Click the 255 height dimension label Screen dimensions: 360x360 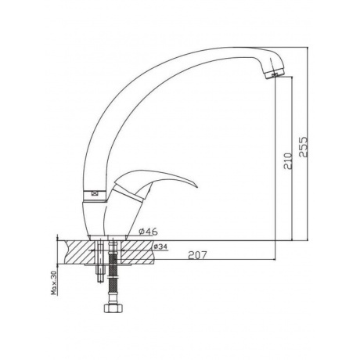tap(304, 146)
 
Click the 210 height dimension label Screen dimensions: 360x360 tap(288, 161)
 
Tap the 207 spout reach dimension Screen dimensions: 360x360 tap(197, 255)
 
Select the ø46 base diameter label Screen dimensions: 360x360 tap(148, 231)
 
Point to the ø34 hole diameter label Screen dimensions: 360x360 tap(160, 246)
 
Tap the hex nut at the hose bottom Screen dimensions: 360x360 tap(113, 308)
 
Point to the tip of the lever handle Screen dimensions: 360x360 tap(197, 187)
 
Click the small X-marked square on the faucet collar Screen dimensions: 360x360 tap(94, 193)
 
